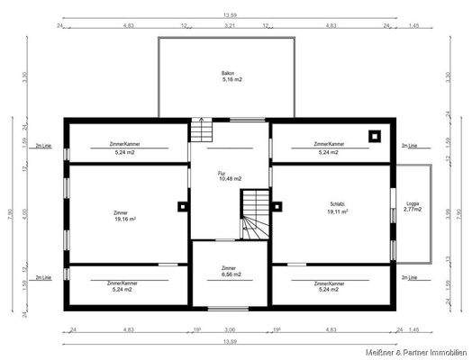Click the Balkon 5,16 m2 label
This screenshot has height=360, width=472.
(232, 76)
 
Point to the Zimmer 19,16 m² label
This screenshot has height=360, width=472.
(124, 216)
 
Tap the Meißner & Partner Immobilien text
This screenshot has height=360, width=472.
(416, 350)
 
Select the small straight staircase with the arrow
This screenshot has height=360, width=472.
(201, 132)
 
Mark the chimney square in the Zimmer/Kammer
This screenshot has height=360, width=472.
(374, 137)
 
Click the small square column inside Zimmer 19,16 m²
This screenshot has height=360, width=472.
(183, 206)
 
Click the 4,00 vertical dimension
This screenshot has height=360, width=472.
(25, 212)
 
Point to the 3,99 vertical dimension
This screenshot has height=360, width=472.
(448, 212)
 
